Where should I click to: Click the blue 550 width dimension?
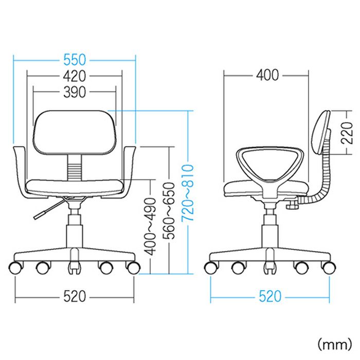(x=75, y=60)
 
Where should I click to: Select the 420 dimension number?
(x=75, y=76)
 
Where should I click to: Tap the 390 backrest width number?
(x=75, y=92)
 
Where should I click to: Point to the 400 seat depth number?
(x=267, y=75)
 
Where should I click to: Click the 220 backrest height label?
(x=347, y=133)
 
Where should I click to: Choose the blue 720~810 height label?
(x=188, y=193)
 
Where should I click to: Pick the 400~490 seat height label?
(x=150, y=227)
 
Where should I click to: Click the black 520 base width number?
(x=75, y=296)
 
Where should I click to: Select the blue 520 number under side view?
(x=270, y=296)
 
